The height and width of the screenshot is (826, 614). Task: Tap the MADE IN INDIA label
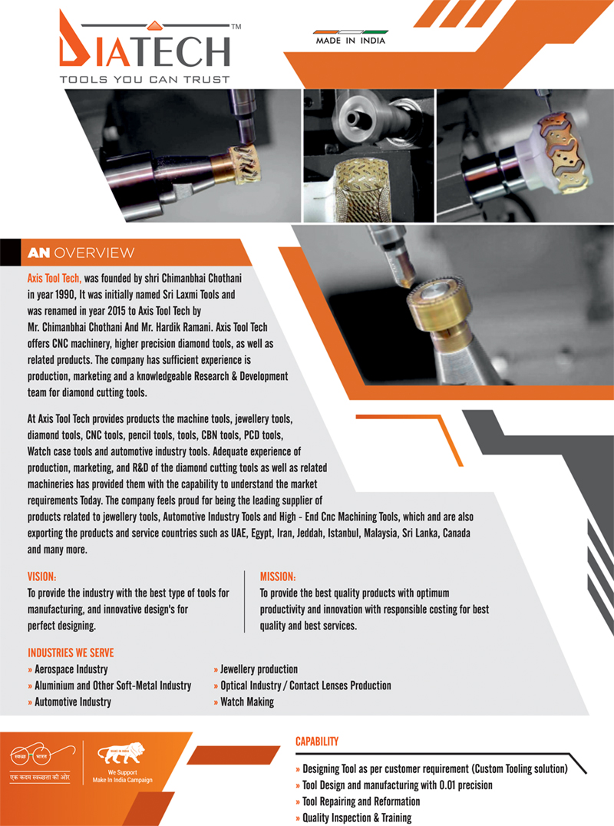pos(350,41)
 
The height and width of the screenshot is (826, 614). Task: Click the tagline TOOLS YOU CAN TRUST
pos(145,80)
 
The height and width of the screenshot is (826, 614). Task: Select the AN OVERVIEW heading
pos(81,253)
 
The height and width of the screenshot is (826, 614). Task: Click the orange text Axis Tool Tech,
pos(54,278)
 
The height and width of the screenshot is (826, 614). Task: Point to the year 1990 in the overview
pos(64,294)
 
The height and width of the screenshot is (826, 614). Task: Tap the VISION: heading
pos(41,577)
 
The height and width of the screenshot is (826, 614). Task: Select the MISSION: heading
pos(278,577)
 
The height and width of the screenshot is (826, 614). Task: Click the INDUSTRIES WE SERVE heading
pos(71,653)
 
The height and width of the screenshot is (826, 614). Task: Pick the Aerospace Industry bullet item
pos(68,669)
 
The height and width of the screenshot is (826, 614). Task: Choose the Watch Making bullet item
pos(244,702)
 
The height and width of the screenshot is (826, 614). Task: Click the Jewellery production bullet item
pos(256,669)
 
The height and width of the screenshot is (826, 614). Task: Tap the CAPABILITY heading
pos(317,742)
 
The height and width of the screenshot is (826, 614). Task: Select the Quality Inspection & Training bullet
pos(353,818)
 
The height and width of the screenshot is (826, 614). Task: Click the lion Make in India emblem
pos(121,752)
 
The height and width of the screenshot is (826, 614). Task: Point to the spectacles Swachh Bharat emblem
pos(42,755)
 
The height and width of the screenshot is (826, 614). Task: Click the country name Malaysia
pos(381,533)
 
